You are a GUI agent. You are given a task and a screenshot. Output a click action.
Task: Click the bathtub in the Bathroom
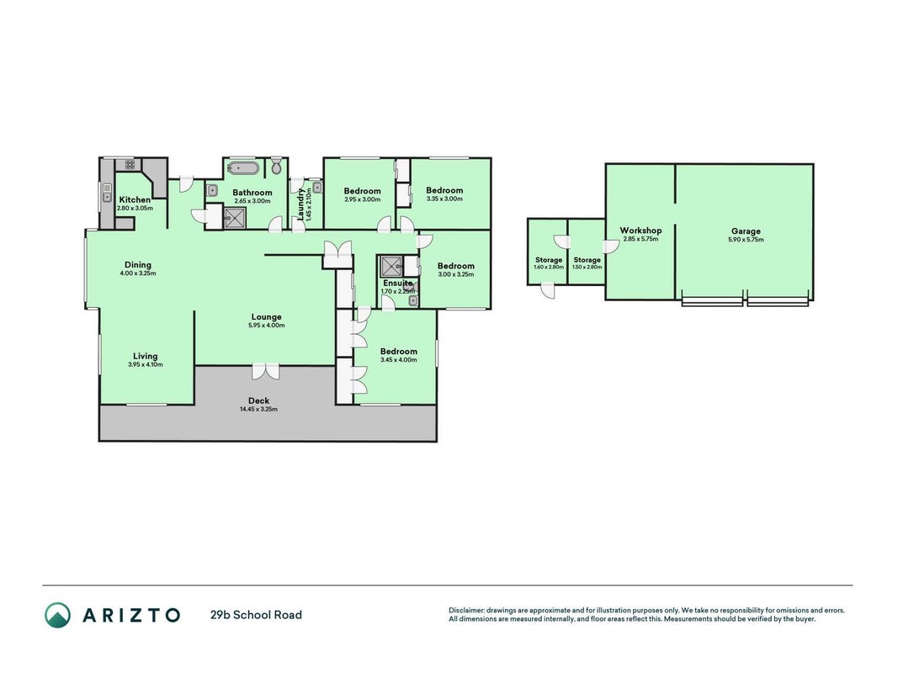point(243,168)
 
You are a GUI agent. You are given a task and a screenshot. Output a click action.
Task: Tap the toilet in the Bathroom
point(277,167)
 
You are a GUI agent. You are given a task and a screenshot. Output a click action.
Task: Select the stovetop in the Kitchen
point(130,165)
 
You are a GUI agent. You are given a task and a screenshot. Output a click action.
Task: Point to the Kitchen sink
point(107,192)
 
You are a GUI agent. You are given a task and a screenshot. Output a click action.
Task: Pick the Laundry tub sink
point(317,187)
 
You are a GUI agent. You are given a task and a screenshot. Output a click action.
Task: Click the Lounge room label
point(266,317)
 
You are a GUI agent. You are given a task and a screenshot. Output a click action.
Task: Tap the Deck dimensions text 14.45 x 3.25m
point(259,410)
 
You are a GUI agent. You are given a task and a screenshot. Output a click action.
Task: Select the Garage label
point(746,231)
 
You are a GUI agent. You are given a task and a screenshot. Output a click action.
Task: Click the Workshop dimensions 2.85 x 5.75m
point(640,239)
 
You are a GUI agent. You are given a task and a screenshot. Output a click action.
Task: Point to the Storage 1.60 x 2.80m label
point(549,263)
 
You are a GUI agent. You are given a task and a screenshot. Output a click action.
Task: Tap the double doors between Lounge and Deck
point(265,371)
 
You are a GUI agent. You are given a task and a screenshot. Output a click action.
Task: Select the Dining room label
point(138,265)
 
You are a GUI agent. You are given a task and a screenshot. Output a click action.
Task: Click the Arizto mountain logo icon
point(58,615)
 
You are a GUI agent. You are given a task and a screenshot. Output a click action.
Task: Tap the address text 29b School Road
point(256,615)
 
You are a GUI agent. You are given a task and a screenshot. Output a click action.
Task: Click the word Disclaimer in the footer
point(466,611)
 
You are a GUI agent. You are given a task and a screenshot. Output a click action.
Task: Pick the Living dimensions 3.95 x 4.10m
point(146,364)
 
